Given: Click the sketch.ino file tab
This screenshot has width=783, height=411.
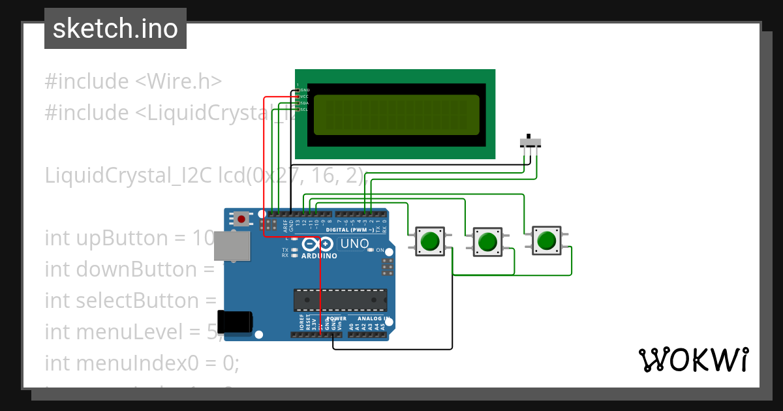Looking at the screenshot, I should (x=115, y=29).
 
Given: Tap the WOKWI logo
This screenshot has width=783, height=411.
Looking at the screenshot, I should (x=693, y=359).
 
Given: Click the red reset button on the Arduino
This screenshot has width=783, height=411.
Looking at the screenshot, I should (x=242, y=219).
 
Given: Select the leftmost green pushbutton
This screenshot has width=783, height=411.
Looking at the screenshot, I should (x=430, y=241).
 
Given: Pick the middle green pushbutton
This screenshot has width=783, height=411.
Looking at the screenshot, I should (x=487, y=243).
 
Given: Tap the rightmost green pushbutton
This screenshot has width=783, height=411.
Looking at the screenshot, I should (x=545, y=241).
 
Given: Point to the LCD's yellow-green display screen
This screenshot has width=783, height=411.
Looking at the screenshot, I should (x=396, y=115).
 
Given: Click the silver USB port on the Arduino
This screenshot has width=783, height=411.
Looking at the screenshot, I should (x=232, y=245).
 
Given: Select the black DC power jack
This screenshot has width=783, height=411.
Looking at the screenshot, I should (x=236, y=322).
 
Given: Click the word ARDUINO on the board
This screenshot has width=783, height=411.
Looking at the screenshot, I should (x=319, y=256).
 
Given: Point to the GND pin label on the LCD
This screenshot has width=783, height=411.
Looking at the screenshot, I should (x=304, y=89).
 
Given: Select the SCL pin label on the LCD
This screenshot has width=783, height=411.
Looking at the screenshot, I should (x=304, y=110).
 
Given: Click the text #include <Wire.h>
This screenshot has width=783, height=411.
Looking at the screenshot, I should (x=133, y=82).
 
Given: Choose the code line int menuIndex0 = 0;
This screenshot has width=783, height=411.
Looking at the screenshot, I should (x=142, y=363).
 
